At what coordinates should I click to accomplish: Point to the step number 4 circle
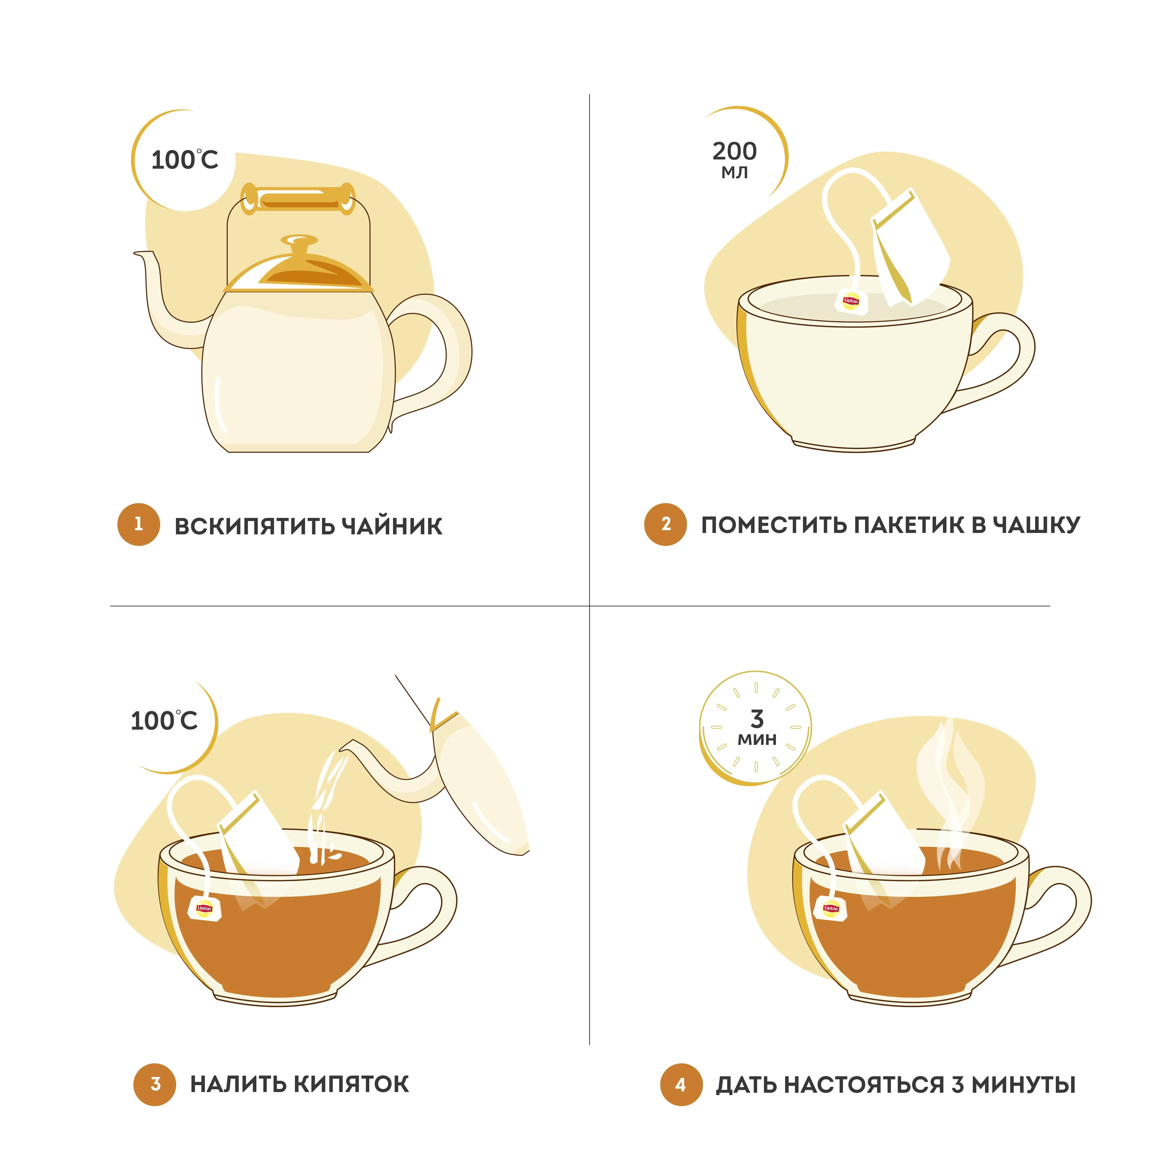pyautogui.click(x=681, y=1084)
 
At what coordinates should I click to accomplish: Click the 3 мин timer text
pyautogui.click(x=757, y=727)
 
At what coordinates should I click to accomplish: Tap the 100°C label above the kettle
pyautogui.click(x=184, y=160)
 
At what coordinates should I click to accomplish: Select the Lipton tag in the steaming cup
pyautogui.click(x=830, y=908)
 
